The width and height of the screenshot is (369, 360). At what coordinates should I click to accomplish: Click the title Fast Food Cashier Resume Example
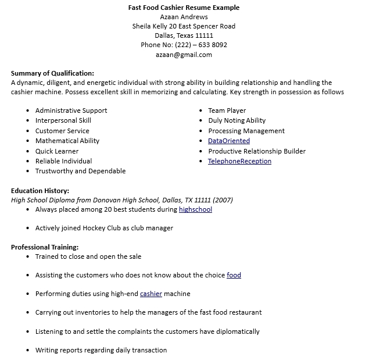(184, 8)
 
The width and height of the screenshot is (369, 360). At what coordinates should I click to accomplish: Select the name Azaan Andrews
(184, 17)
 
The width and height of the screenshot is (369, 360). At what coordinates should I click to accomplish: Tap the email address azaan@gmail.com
(184, 55)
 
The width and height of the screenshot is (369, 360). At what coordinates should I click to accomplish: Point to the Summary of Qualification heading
(52, 73)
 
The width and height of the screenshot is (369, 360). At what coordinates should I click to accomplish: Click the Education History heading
(40, 190)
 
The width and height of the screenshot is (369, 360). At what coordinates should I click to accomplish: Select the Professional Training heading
(45, 247)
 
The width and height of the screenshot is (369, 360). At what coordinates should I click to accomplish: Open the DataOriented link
(229, 141)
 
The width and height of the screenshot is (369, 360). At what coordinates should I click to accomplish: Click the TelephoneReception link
(239, 161)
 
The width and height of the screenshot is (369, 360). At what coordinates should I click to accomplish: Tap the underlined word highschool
(195, 209)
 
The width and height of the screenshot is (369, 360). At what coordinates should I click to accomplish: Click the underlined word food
(234, 275)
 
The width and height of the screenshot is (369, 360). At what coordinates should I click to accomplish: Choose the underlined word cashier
(151, 294)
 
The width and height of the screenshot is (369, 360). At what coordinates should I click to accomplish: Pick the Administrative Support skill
(71, 111)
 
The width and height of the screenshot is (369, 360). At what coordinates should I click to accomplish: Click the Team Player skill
(227, 111)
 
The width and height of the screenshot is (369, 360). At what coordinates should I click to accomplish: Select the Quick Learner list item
(57, 151)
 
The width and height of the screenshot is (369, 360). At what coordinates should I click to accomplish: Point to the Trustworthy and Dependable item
(80, 171)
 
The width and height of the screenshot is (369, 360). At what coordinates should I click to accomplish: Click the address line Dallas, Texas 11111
(184, 35)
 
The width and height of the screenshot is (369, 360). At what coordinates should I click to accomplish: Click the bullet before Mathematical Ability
(28, 141)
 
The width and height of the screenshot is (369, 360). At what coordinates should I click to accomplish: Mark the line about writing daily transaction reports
(101, 350)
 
